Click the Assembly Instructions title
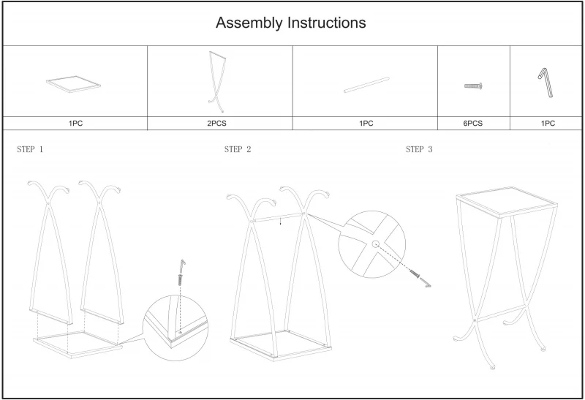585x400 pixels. pos(290,23)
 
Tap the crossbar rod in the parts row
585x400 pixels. pos(366,84)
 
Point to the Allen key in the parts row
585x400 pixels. pos(547,80)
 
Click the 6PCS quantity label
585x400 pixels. pos(472,124)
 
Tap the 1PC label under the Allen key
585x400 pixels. pos(548,124)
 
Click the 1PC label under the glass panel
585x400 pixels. pos(75,124)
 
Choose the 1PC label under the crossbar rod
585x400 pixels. pos(366,124)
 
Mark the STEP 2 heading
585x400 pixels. pos(238,149)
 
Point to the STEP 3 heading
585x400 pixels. pos(419,149)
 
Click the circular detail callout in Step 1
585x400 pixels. pos(175,325)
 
